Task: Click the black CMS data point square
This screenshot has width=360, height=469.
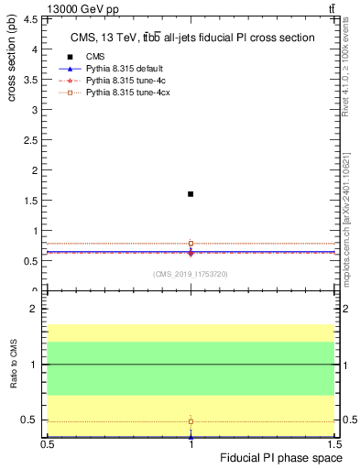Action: [x=191, y=194]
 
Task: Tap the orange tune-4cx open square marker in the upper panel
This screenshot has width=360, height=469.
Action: [x=191, y=244]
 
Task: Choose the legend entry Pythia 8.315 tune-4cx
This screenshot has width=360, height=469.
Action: [x=128, y=93]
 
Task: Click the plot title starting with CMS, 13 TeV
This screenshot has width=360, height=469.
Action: [x=192, y=38]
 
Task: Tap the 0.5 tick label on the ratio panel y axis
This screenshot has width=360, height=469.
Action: [x=30, y=420]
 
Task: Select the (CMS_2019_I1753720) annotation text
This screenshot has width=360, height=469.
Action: [x=190, y=273]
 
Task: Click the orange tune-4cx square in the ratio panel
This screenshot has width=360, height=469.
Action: [x=191, y=421]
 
